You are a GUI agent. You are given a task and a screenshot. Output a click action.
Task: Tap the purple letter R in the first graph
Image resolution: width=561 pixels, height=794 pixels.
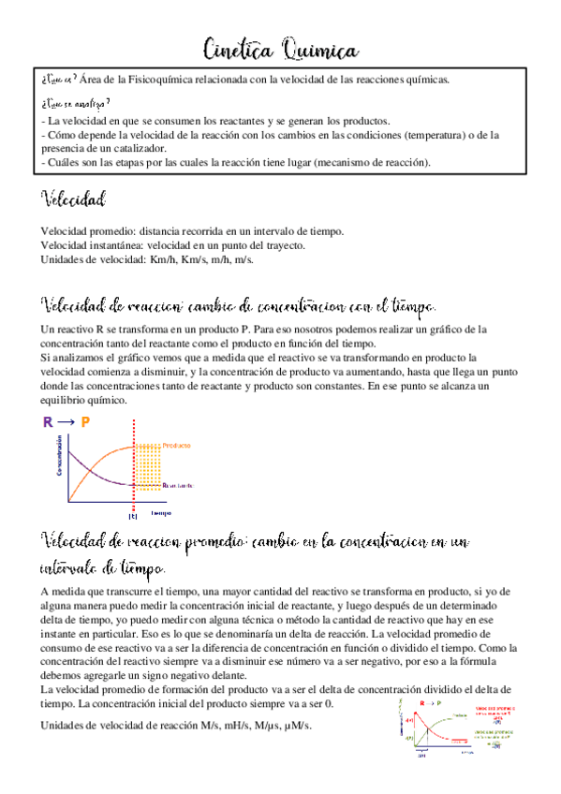point(48,422)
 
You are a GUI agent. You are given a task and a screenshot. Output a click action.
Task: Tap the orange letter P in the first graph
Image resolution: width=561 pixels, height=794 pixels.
point(85,422)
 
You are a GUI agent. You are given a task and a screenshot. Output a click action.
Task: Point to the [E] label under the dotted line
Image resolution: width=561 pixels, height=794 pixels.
point(132,515)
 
